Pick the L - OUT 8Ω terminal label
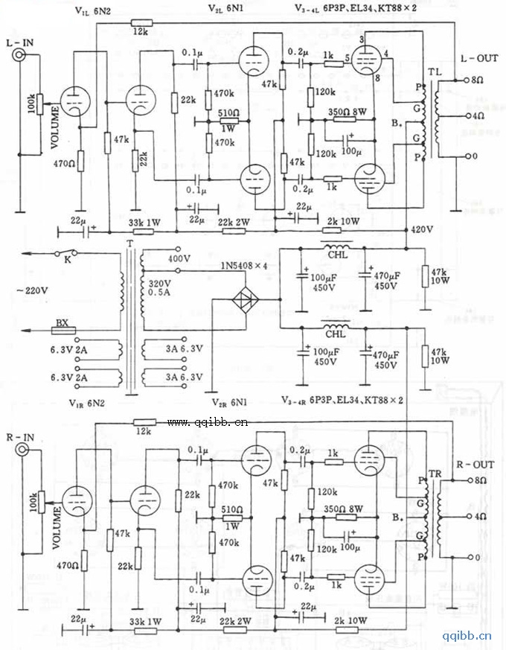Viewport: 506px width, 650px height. [473, 79]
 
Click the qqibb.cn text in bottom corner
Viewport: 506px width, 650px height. [467, 635]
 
